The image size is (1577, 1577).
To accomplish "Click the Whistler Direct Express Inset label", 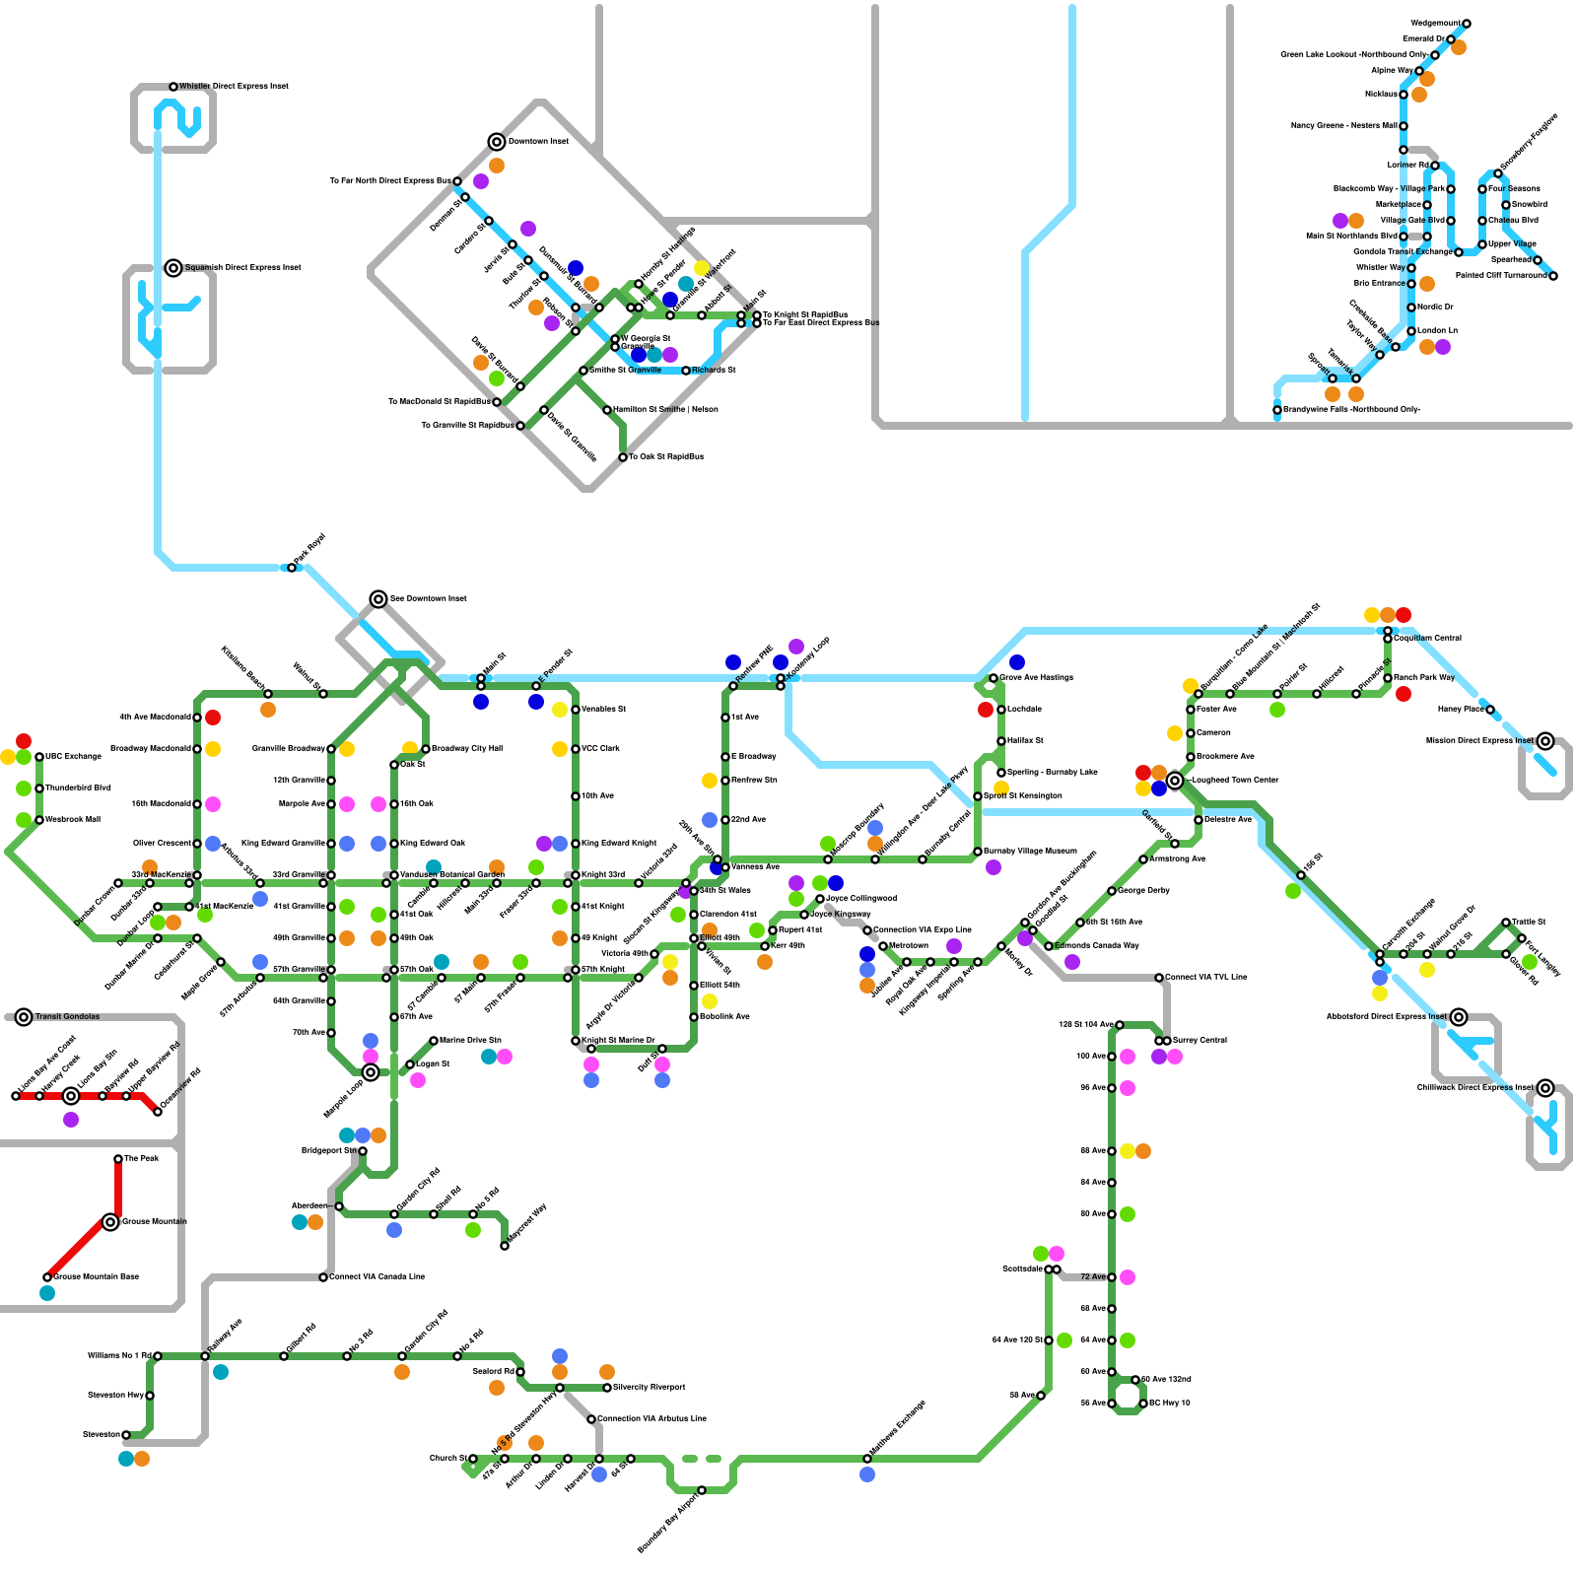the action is click(x=234, y=87).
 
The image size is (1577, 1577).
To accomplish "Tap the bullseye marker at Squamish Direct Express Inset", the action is click(x=173, y=267).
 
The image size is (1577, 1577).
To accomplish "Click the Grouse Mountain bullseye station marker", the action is click(x=110, y=1222).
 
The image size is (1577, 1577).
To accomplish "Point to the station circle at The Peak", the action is click(x=118, y=1159).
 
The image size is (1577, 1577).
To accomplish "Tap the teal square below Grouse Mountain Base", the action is click(x=47, y=1293).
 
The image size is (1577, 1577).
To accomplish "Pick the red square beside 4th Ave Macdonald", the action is click(x=213, y=718).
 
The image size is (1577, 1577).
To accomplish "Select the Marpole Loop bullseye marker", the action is click(x=371, y=1072).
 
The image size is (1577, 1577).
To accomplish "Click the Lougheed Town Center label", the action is click(x=1235, y=781).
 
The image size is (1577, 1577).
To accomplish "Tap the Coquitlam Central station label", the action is click(x=1427, y=639).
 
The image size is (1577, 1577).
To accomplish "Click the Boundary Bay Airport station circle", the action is click(x=702, y=1490).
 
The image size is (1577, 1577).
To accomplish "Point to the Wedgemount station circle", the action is click(x=1467, y=24).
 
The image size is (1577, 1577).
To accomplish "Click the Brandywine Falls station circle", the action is click(x=1277, y=410).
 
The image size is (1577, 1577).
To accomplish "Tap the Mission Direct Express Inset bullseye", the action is click(x=1545, y=741).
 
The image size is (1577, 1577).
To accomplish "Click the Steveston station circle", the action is click(x=126, y=1435).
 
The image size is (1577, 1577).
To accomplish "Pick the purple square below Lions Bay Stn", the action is click(x=71, y=1120).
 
